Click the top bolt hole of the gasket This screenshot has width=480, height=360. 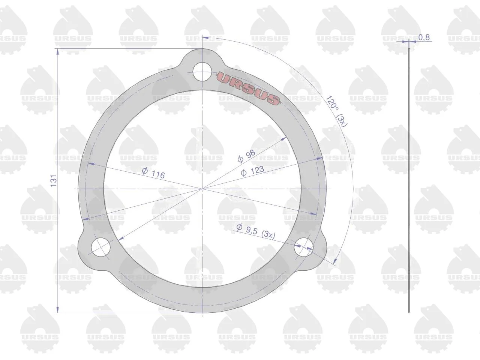[202, 72]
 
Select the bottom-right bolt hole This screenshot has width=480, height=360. [304, 247]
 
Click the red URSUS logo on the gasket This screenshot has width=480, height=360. [248, 88]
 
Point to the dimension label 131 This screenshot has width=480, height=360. [54, 180]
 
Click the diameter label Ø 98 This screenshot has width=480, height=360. [246, 156]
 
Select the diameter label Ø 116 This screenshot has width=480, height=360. [153, 173]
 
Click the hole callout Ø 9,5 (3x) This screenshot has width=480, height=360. [256, 231]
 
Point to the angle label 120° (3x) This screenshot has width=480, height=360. [336, 111]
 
